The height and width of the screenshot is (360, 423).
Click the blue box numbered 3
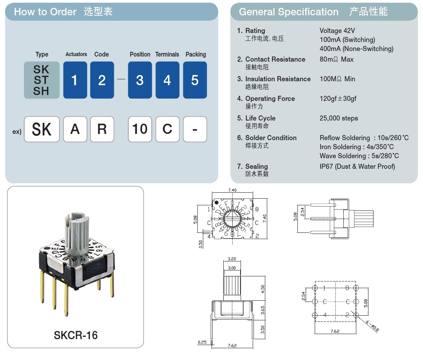tap(140, 80)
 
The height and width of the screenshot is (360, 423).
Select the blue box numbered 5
tap(195, 80)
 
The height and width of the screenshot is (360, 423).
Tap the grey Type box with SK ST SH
tap(42, 80)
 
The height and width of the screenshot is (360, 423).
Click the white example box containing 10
tap(140, 129)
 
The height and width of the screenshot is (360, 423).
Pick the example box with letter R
tap(102, 129)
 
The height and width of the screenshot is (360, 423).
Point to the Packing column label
tap(195, 54)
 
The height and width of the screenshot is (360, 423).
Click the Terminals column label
tap(167, 54)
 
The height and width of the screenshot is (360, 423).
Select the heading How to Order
tap(45, 12)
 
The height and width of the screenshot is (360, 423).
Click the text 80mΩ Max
tap(336, 59)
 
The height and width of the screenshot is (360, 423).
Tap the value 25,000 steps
tap(339, 118)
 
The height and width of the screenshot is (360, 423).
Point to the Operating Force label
tap(270, 99)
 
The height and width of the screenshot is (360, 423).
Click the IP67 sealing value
tap(357, 166)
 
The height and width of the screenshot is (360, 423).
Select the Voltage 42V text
tap(337, 31)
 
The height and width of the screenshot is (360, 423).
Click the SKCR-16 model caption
tap(75, 335)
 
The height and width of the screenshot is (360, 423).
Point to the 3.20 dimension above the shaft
tap(232, 259)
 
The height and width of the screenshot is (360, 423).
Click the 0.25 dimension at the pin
tap(202, 342)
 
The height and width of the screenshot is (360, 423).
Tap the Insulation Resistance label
tap(278, 79)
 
